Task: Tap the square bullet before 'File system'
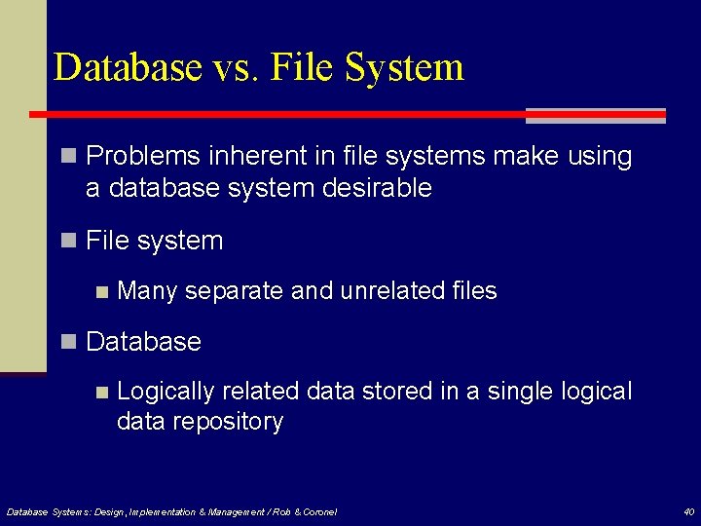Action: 67,241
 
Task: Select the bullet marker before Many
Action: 101,291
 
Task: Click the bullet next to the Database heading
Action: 67,342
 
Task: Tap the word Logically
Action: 165,392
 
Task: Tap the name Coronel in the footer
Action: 317,511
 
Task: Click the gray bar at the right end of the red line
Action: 596,116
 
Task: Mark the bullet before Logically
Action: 101,392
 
